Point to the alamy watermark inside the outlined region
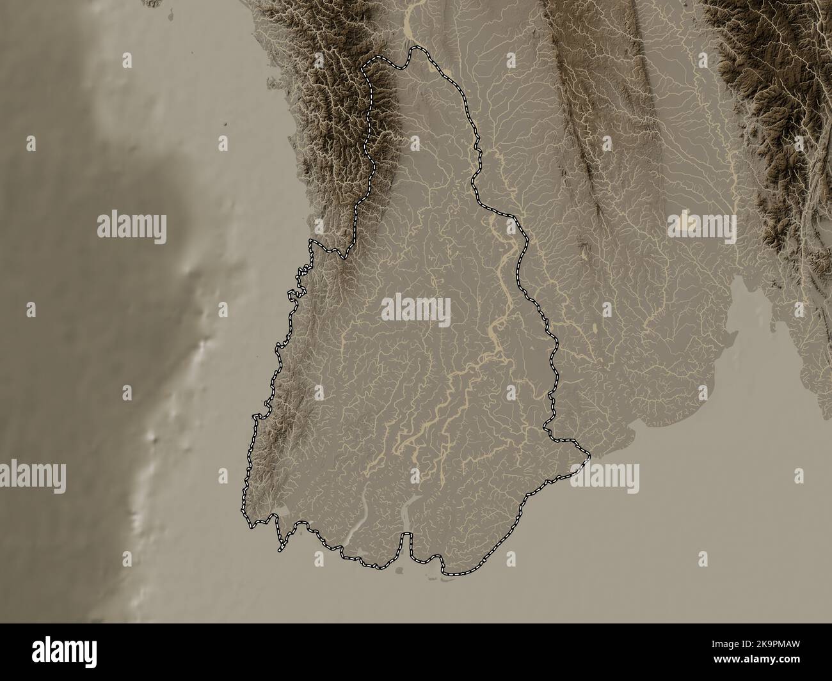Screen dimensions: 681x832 (416, 309)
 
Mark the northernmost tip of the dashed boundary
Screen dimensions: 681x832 (413, 49)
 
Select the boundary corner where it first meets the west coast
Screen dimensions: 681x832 (310, 241)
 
